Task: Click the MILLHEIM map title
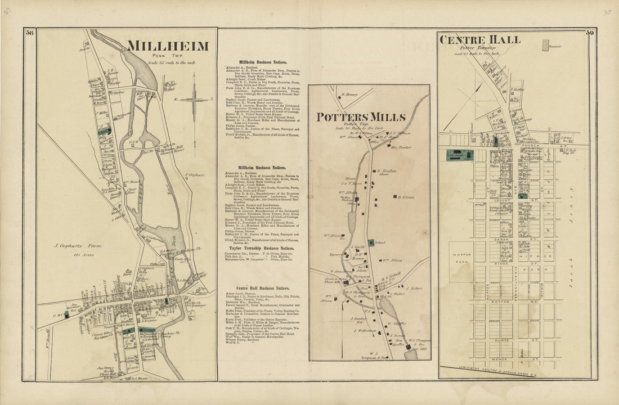click(x=168, y=46)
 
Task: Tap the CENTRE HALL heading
click(x=480, y=39)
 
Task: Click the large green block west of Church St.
click(x=460, y=155)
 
